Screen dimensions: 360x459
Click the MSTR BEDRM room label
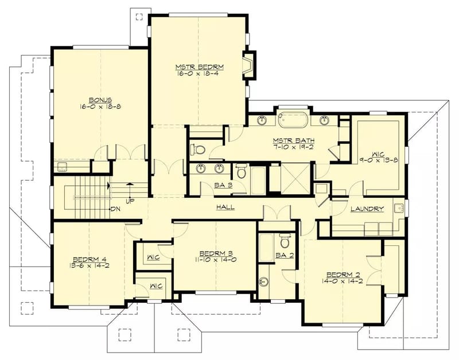tap(199, 67)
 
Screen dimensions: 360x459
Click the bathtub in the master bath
tap(293, 120)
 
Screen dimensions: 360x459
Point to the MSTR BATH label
tap(290, 139)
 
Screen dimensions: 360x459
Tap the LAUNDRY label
tap(367, 209)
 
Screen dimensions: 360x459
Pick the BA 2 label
tap(285, 255)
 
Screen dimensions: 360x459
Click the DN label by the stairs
tap(115, 209)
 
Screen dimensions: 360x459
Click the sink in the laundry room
tap(398, 208)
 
